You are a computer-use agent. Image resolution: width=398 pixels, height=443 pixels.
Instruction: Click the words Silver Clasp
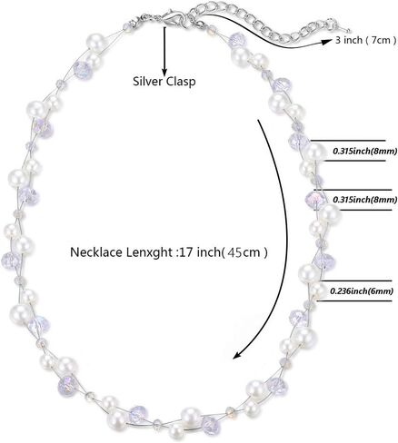164,82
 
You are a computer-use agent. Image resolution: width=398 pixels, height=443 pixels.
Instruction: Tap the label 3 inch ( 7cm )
365,40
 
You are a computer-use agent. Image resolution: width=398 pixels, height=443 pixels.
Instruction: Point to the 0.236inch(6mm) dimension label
362,290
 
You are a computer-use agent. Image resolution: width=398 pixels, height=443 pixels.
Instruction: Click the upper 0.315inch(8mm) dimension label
364,151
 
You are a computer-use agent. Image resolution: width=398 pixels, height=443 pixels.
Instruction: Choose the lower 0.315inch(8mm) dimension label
364,200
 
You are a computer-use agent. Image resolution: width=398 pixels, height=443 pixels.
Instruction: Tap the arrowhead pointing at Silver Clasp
164,72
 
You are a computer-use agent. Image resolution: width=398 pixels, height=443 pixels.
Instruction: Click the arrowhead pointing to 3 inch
327,42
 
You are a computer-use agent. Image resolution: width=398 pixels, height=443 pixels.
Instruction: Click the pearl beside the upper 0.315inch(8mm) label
314,151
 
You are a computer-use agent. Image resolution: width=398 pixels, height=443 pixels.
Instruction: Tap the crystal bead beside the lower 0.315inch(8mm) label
314,199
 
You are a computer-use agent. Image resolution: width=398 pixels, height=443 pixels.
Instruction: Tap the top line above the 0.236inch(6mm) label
357,281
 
